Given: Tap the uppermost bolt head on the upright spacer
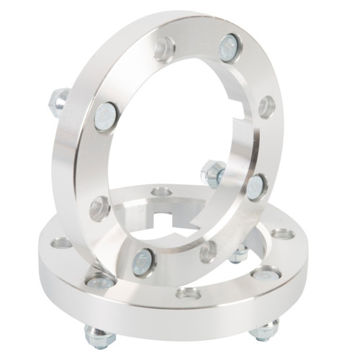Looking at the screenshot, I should [x=229, y=48].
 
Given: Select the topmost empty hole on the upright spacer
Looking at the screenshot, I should [x=165, y=49].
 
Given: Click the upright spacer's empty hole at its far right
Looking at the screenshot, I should [x=267, y=106].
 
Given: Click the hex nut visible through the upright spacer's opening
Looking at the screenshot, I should [x=213, y=173].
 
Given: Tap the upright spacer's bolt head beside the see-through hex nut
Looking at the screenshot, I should [x=256, y=187].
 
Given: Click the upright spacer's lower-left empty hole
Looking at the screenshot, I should [x=99, y=208].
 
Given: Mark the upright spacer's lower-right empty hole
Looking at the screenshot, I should [x=208, y=251].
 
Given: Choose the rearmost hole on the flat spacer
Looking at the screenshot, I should [x=162, y=192].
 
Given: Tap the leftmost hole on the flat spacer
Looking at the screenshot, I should [x=62, y=243].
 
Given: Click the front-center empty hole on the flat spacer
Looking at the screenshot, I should [x=189, y=293].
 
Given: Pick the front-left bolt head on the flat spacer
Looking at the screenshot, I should [x=97, y=281].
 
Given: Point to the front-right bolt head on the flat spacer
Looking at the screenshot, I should [x=266, y=274].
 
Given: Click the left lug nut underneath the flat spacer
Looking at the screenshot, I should [x=99, y=336].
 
